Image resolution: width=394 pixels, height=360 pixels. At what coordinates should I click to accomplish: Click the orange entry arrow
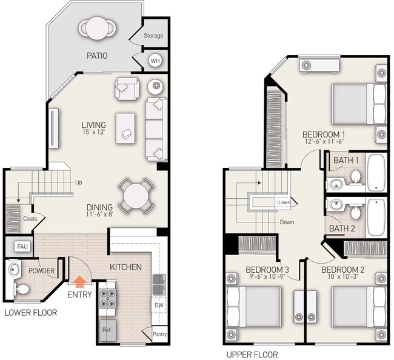(80, 281)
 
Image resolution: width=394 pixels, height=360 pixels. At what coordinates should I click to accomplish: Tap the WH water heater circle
(155, 61)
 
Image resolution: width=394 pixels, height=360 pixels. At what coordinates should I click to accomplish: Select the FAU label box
(22, 247)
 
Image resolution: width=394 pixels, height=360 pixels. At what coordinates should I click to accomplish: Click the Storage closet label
(153, 36)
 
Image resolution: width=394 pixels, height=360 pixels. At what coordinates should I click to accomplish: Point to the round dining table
(136, 196)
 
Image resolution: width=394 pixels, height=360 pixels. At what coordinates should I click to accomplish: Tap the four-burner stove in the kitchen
(107, 298)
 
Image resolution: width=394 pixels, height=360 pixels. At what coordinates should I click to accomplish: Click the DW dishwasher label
(159, 305)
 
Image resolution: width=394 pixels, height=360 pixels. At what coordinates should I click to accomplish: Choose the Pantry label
(160, 334)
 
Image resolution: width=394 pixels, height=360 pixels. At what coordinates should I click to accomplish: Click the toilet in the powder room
(22, 289)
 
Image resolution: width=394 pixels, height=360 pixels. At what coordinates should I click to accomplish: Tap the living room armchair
(127, 88)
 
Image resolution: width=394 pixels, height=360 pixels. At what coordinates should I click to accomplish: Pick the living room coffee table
(125, 128)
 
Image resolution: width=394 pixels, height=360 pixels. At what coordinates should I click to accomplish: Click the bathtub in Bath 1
(376, 173)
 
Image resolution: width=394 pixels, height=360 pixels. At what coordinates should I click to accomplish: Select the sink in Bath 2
(335, 204)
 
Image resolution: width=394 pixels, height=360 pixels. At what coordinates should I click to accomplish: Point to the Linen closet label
(284, 202)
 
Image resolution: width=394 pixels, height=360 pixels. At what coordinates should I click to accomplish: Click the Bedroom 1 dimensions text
(324, 141)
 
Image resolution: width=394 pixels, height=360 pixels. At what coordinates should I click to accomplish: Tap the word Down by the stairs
(287, 222)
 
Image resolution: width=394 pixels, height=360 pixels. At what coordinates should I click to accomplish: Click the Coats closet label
(30, 219)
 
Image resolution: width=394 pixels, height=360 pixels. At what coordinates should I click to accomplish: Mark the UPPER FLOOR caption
(252, 355)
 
